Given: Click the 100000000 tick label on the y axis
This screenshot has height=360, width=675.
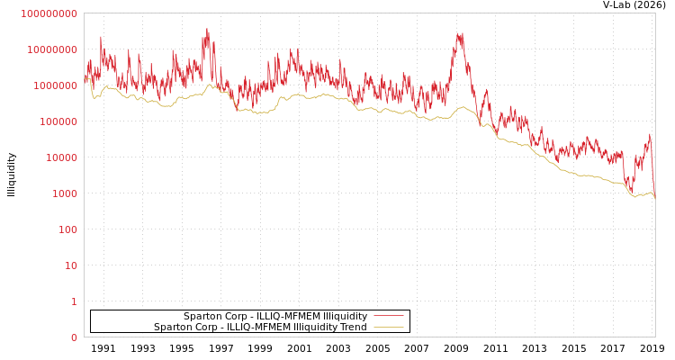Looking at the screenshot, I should tap(49, 13).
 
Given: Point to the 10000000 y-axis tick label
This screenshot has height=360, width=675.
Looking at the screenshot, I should tap(52, 49).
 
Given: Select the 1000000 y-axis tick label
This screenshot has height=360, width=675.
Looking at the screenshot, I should tap(55, 85).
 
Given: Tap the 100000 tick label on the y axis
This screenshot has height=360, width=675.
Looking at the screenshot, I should tap(58, 121).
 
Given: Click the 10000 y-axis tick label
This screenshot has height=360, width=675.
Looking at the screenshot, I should tap(60, 157).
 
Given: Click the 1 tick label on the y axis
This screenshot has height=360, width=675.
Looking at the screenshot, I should tap(73, 301).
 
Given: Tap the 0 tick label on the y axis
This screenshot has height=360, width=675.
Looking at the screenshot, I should tap(73, 337).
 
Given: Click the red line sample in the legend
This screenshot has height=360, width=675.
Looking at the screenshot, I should tap(388, 316).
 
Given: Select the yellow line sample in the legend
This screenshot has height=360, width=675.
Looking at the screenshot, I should tap(388, 327).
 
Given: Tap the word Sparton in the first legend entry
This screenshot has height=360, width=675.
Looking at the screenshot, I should tap(202, 316).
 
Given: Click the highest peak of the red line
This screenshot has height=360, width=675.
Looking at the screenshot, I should tap(207, 30).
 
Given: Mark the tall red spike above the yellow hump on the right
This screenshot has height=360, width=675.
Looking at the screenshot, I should tap(461, 34).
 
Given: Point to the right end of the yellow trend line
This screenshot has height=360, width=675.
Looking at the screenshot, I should tap(654, 196).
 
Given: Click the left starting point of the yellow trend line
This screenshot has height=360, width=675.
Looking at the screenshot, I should tap(85, 79).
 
